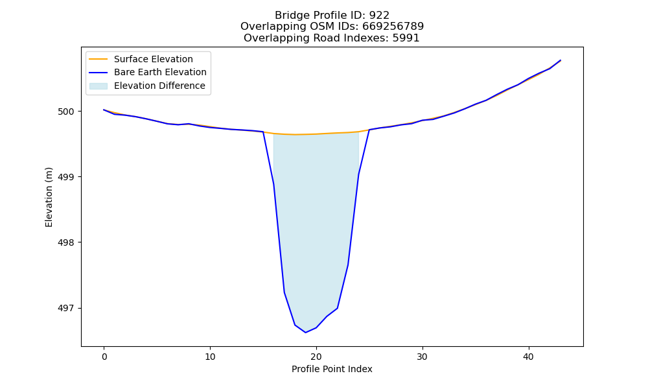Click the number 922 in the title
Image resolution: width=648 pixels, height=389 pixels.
(x=379, y=16)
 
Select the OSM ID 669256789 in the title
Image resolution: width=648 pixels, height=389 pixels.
(x=393, y=27)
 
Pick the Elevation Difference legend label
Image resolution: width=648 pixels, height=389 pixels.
(x=159, y=86)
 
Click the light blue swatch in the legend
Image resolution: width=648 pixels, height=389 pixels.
(x=98, y=86)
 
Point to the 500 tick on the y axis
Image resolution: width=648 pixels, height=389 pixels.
(x=66, y=112)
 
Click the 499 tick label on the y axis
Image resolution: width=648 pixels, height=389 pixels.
(x=66, y=177)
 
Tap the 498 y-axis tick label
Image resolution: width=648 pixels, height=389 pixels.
(x=66, y=242)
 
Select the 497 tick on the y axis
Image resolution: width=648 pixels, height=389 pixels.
(x=66, y=309)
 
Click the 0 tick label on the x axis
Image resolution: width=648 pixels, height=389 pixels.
(x=104, y=357)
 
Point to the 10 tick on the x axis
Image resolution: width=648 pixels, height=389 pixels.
(x=210, y=357)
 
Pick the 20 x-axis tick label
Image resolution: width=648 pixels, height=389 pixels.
(x=316, y=357)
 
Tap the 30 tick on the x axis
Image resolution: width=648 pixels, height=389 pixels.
(x=422, y=357)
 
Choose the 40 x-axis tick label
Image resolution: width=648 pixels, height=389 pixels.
(x=529, y=357)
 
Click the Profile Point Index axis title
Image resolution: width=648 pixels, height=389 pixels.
(x=332, y=369)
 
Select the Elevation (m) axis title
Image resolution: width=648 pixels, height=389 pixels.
(x=49, y=197)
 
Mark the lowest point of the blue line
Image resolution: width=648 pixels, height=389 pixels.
(x=306, y=333)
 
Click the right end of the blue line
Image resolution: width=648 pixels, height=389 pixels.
(x=561, y=60)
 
